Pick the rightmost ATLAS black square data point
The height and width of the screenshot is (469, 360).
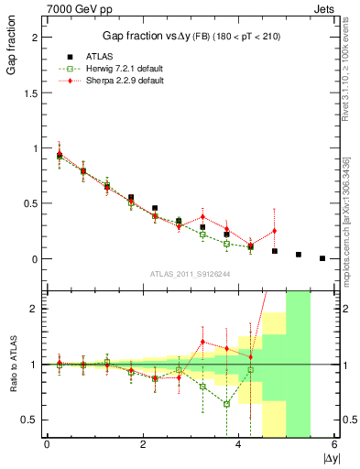(322, 258)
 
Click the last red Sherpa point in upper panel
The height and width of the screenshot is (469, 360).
(275, 231)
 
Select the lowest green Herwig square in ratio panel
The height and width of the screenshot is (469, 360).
(226, 404)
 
